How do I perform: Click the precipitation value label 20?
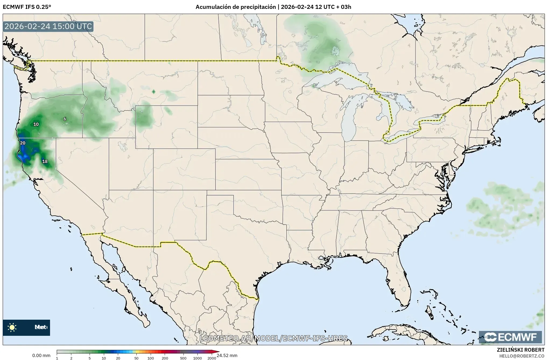click(23, 143)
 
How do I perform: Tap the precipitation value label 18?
click(45, 161)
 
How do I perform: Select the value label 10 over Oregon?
click(36, 124)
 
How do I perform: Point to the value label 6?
click(65, 119)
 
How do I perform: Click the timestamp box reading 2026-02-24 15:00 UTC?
click(48, 26)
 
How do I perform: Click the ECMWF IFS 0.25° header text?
click(27, 7)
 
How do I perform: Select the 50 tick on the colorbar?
click(136, 358)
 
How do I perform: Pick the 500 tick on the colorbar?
click(183, 358)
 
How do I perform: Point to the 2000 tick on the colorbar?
click(212, 358)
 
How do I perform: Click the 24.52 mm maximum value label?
click(227, 355)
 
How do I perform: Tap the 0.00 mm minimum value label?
click(41, 355)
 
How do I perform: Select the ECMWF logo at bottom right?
click(510, 337)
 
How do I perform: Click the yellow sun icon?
click(12, 327)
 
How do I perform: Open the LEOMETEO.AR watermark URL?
click(273, 338)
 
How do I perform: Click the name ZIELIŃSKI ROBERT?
click(520, 350)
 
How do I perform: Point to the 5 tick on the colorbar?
click(90, 358)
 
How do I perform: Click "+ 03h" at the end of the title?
click(344, 7)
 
